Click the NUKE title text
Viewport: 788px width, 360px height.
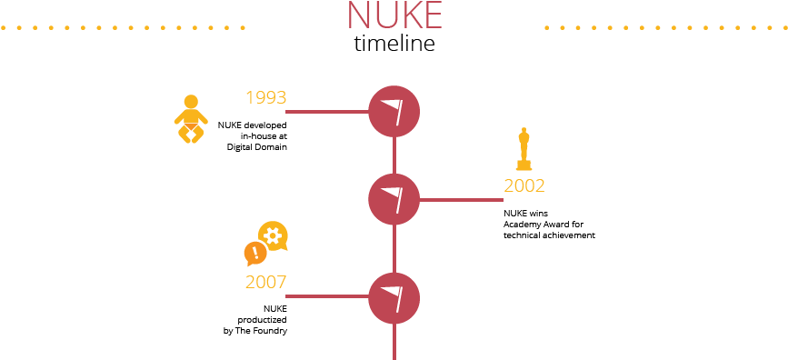(394, 15)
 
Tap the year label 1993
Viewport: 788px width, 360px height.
(265, 97)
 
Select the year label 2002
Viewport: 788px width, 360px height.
(524, 185)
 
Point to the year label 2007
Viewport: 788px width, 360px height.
(265, 282)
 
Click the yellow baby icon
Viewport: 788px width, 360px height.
(190, 119)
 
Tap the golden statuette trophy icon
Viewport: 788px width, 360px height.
(524, 149)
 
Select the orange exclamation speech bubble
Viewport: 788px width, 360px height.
(255, 253)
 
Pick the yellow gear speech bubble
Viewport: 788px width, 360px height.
(273, 235)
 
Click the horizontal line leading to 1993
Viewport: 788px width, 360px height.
(326, 112)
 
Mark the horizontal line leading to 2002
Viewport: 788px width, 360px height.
(461, 199)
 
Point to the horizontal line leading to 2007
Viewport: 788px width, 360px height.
(326, 296)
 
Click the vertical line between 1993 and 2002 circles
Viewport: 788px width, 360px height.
(394, 155)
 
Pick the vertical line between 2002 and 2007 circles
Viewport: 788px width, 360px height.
(394, 248)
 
